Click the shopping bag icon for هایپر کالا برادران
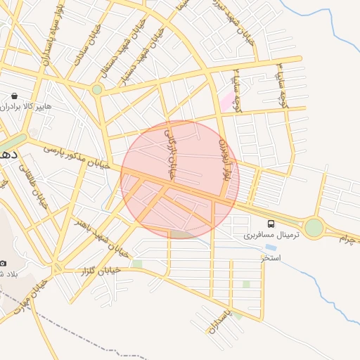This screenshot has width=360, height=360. click(x=14, y=95)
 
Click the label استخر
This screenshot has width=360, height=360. click(x=270, y=258)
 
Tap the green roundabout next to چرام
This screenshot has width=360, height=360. click(x=314, y=228)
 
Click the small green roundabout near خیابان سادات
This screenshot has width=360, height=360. click(x=97, y=89)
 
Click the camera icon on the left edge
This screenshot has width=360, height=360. click(x=4, y=262)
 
